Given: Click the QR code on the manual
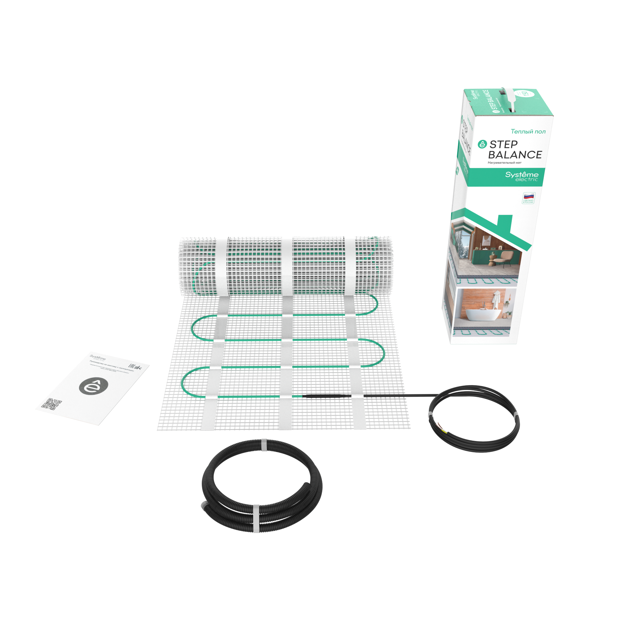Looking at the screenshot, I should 52,404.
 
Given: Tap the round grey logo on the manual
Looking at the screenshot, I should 94,385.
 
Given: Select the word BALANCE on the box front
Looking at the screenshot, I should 515,155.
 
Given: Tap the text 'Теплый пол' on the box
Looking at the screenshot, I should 528,131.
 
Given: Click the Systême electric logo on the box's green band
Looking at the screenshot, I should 522,176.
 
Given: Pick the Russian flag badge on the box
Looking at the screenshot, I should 528,198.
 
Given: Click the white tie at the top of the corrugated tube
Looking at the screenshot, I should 263,445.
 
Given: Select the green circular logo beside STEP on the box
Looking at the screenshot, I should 482,144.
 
